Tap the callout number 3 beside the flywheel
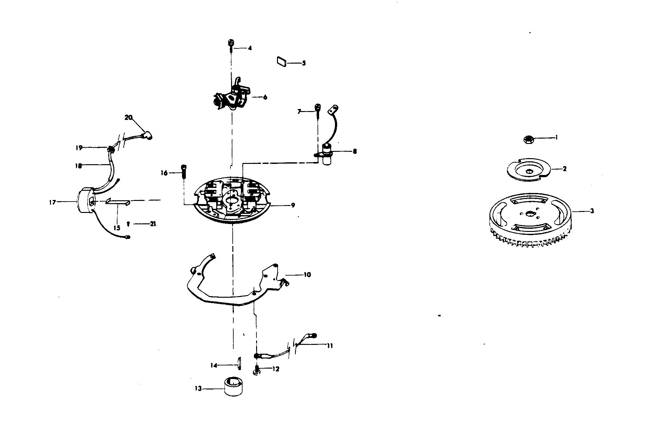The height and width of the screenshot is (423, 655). (592, 211)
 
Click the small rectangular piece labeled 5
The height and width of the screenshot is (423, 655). (281, 61)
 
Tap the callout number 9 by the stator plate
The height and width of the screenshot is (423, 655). (293, 205)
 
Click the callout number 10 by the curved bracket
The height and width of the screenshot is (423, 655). (307, 275)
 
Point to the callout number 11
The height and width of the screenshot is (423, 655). (330, 346)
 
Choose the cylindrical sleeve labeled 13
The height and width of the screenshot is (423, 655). (235, 386)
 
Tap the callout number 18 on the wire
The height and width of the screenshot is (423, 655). (78, 166)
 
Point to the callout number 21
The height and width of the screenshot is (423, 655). (153, 224)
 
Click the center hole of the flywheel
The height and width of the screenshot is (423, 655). (530, 214)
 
